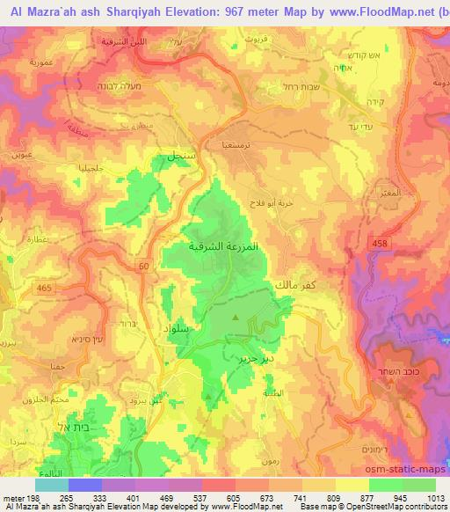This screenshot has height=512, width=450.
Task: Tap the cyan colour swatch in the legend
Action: click(x=51, y=485)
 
